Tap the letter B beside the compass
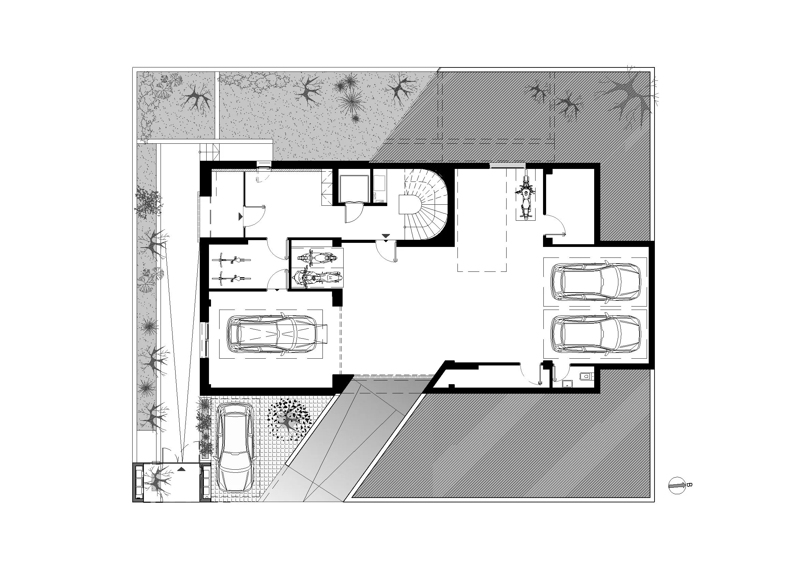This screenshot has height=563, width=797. coord(689,485)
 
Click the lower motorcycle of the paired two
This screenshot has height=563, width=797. coord(317,278)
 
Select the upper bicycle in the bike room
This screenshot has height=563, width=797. coord(231,259)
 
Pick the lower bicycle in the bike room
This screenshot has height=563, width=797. coord(231,278)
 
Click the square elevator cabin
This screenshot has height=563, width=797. coord(353,188)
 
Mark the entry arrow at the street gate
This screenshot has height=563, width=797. coord(181,469)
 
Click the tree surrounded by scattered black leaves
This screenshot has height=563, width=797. coord(287,421)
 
